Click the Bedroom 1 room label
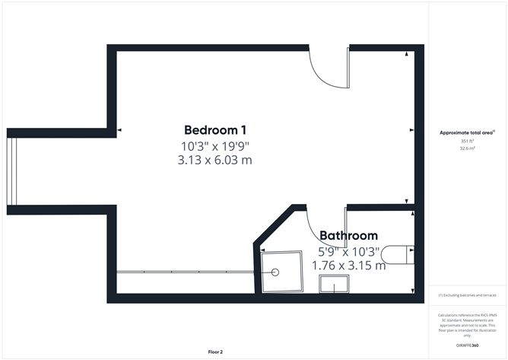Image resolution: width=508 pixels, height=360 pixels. tap(215, 130)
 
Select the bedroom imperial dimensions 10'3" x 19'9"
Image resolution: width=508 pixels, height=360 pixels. tap(214, 147)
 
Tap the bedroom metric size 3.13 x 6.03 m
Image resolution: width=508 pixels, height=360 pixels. tap(214, 161)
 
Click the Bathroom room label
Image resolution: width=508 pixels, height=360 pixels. tap(348, 235)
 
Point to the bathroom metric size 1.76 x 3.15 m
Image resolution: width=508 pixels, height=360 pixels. tap(348, 266)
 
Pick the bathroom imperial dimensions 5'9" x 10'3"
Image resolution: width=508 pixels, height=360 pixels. tap(348, 252)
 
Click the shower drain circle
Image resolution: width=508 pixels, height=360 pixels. tap(275, 272)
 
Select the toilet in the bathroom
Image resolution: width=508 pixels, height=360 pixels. tap(398, 255)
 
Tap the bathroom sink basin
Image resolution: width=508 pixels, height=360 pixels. tap(334, 284)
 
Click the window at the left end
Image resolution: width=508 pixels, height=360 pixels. tap(11, 171)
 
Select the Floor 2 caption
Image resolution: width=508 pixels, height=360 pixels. tap(215, 352)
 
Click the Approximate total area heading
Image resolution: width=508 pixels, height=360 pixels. tap(467, 132)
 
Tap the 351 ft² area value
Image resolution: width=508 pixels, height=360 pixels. tap(467, 141)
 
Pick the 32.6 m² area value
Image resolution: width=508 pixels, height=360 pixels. tap(467, 148)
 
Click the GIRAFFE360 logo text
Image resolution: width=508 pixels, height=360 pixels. tap(467, 346)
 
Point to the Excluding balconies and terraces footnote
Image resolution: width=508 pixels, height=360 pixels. tap(467, 295)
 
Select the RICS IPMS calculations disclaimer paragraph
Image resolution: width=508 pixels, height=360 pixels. tap(467, 325)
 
